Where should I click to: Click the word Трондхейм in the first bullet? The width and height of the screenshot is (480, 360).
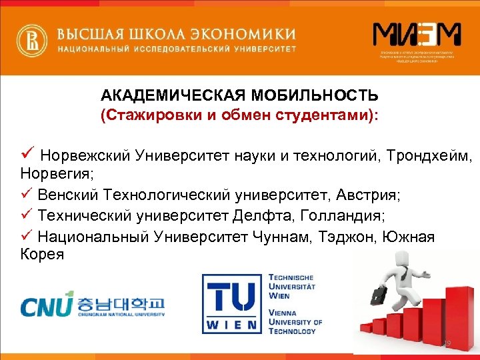point(428,157)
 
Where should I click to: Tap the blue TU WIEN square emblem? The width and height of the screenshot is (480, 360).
point(231,306)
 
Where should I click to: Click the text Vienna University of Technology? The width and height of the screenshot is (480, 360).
point(294,321)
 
